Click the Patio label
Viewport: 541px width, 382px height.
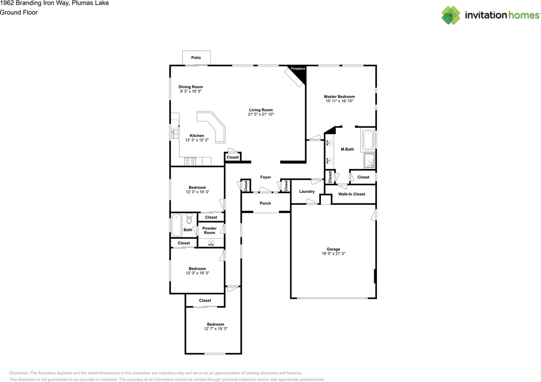196,58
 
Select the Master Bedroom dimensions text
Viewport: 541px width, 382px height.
339,101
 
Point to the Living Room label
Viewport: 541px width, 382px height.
261,110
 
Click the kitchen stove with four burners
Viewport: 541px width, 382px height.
190,162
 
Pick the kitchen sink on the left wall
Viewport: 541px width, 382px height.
175,134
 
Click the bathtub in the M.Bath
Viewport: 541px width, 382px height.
368,140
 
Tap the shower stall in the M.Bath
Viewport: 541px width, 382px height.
369,160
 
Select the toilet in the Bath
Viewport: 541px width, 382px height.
189,218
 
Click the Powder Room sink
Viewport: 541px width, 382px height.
211,242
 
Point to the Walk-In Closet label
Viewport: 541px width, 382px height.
352,194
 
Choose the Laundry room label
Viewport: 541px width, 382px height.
307,192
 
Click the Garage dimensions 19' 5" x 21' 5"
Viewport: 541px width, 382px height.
333,254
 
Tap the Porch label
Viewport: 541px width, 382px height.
265,203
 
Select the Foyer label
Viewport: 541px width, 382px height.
265,177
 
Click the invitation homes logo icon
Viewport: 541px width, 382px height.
451,15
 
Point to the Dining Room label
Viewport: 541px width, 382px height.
191,87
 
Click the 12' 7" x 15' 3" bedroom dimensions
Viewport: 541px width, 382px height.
216,329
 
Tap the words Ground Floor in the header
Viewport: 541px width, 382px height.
19,13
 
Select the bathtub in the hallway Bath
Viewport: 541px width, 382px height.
176,225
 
